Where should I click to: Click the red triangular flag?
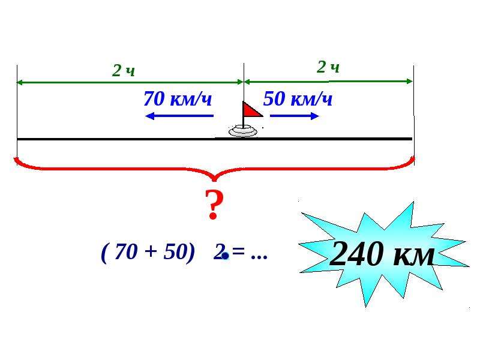[x=251, y=110]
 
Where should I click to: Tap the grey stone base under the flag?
[x=243, y=131]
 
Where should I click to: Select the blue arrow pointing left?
[x=179, y=116]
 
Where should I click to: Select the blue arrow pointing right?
[x=295, y=116]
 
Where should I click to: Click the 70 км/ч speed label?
[x=178, y=98]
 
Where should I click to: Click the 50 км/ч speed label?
[x=298, y=98]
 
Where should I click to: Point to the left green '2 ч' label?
[x=124, y=71]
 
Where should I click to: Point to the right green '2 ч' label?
[x=328, y=67]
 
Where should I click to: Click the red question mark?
[x=214, y=205]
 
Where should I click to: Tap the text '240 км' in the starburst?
[x=382, y=253]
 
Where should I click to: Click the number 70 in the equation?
[x=125, y=251]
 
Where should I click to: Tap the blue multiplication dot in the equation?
[x=226, y=256]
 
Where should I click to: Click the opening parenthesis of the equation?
[x=104, y=253]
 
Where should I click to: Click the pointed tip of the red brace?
[x=215, y=181]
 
